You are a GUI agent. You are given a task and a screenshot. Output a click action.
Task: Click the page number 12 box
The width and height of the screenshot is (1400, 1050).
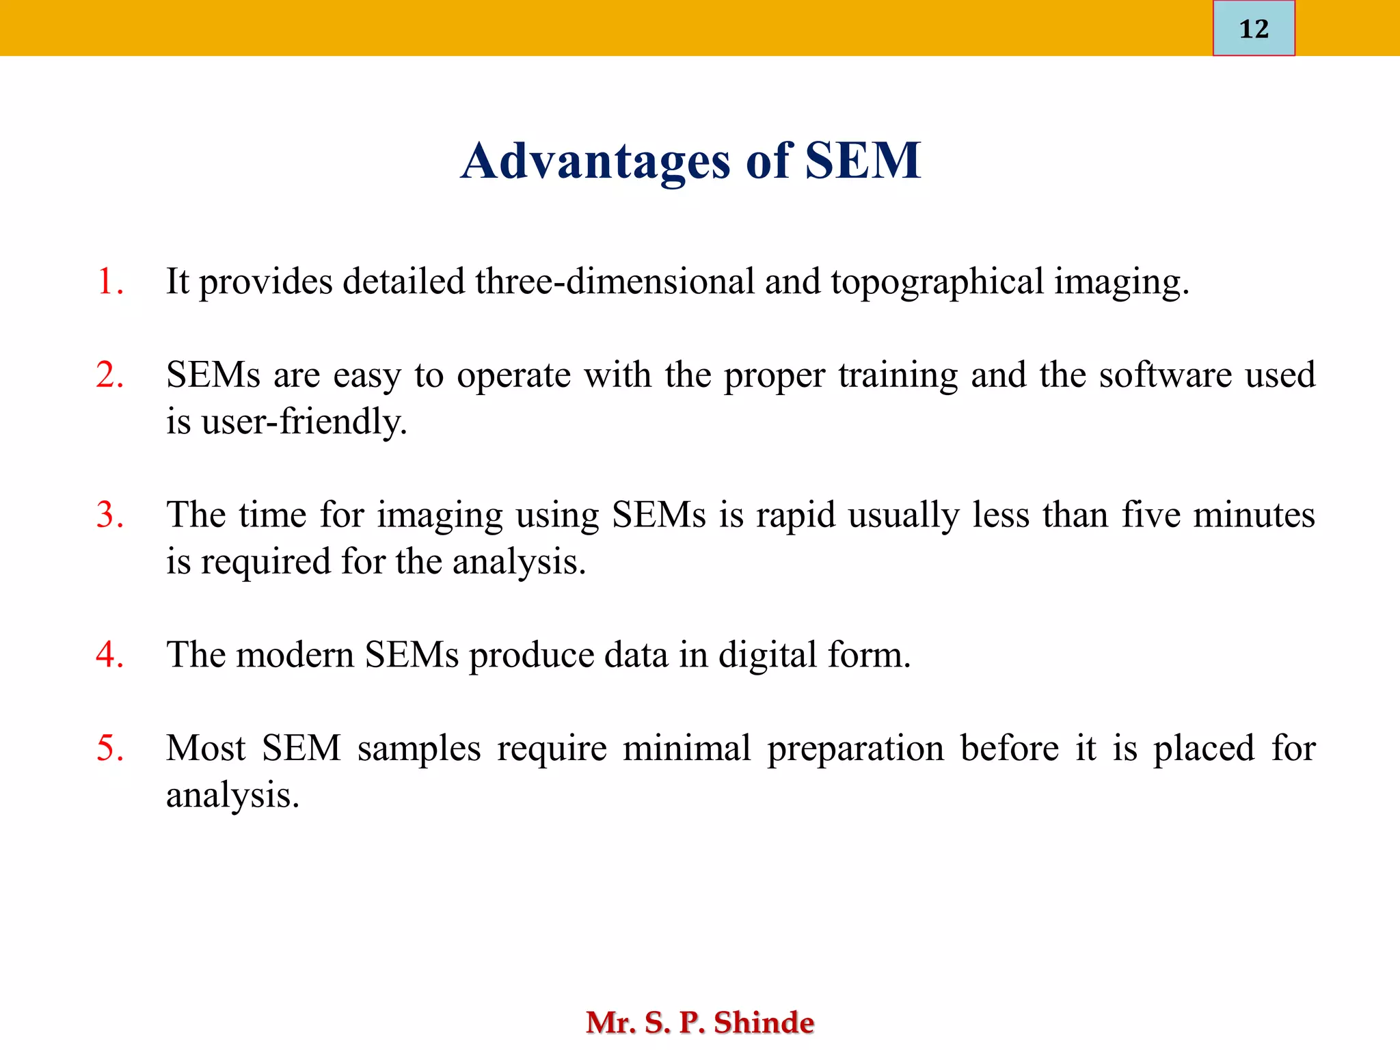1253,29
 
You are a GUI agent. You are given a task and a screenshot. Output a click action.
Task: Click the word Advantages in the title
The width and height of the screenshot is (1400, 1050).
595,161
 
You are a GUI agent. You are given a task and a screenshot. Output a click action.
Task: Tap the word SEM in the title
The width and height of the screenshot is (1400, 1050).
863,161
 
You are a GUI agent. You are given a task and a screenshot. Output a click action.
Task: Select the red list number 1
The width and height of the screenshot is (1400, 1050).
109,282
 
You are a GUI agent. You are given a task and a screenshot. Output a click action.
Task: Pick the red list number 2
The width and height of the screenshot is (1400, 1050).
109,375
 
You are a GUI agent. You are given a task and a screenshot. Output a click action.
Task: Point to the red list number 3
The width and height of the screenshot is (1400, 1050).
109,515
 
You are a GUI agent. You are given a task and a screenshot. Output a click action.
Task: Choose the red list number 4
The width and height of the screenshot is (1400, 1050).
109,655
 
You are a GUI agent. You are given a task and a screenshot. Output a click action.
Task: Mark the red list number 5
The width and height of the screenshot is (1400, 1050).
109,748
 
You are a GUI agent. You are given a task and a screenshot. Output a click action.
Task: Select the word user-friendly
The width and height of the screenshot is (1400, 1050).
304,422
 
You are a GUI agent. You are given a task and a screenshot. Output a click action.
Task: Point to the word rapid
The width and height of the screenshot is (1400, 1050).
796,515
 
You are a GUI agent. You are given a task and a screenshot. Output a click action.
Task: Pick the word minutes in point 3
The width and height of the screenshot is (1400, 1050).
1254,515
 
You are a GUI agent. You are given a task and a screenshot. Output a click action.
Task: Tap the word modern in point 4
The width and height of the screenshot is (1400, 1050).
295,655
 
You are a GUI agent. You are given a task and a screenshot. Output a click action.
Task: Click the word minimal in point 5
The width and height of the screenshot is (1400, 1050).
687,748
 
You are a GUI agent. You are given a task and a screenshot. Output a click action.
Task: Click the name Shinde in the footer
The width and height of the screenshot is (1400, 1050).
764,1023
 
